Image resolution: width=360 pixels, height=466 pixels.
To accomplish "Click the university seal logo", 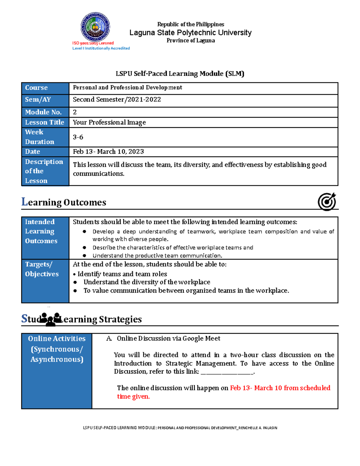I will pyautogui.click(x=95, y=27).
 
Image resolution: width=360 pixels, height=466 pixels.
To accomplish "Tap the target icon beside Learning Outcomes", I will pyautogui.click(x=327, y=202).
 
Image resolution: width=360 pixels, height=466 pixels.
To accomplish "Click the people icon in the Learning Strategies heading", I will pyautogui.click(x=50, y=319).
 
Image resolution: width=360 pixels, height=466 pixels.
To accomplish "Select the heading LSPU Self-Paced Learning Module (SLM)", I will pyautogui.click(x=180, y=74).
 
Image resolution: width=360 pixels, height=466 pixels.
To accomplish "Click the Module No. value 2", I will pyautogui.click(x=75, y=112).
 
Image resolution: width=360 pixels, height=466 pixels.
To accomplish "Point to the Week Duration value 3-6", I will pyautogui.click(x=78, y=137).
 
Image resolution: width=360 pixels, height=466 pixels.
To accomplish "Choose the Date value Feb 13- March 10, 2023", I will pyautogui.click(x=108, y=152).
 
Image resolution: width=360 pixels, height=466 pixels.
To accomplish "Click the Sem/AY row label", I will pyautogui.click(x=38, y=100).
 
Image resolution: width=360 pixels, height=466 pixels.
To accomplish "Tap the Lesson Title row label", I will pyautogui.click(x=44, y=122).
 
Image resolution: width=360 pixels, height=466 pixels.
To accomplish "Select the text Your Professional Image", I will pyautogui.click(x=109, y=122).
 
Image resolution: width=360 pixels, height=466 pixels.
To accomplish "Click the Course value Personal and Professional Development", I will pyautogui.click(x=127, y=88).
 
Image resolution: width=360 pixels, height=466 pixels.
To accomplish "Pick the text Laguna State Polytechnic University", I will pyautogui.click(x=190, y=33).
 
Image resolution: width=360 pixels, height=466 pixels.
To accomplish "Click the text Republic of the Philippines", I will pyautogui.click(x=190, y=24).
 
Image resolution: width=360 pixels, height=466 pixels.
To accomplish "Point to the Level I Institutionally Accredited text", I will pyautogui.click(x=101, y=48).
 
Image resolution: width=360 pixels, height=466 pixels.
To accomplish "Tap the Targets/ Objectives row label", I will pyautogui.click(x=42, y=269).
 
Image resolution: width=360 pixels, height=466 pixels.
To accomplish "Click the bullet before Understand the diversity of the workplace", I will pyautogui.click(x=75, y=282).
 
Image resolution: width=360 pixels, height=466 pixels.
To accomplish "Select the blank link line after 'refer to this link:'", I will pyautogui.click(x=227, y=372).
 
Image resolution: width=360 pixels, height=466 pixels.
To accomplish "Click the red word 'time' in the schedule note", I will pyautogui.click(x=124, y=397).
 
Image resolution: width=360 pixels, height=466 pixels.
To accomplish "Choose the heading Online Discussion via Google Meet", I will pyautogui.click(x=168, y=338).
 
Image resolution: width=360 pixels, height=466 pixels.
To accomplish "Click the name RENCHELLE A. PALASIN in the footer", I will pyautogui.click(x=258, y=428).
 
